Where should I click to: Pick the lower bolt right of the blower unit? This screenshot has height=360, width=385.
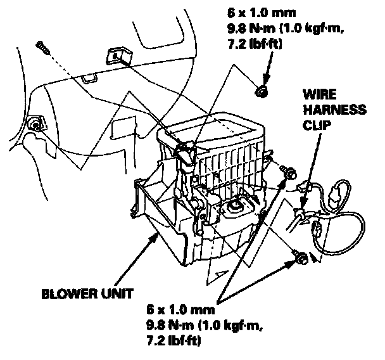301,257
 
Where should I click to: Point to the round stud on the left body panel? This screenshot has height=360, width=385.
35,125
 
